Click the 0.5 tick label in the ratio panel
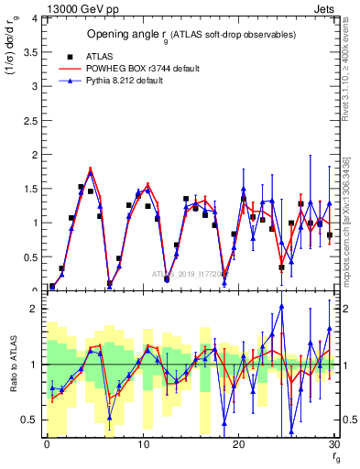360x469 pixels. pos(31,420)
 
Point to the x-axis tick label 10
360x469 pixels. pos(143,444)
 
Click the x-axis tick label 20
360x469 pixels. pos(239,444)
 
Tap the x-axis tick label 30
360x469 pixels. pos(334,444)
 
